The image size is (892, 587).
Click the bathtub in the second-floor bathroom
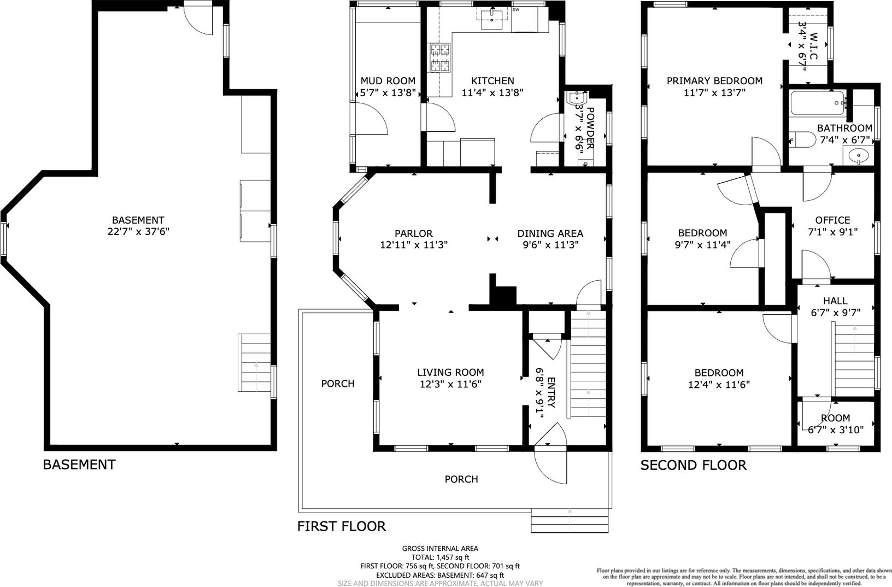(818, 103)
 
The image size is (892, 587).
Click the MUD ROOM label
(388, 81)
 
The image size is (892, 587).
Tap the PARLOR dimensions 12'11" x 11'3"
(414, 245)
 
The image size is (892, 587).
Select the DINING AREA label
(550, 234)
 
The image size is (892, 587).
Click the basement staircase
(255, 363)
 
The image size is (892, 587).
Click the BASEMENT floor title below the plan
(79, 464)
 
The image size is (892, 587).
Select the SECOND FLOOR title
(693, 465)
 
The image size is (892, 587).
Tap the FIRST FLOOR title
(342, 526)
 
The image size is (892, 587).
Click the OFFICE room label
(832, 220)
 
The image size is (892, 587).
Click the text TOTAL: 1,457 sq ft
(441, 557)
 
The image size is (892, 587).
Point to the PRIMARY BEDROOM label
(715, 81)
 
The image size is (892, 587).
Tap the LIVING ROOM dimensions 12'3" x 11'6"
(451, 384)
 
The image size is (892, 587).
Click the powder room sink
(576, 97)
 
